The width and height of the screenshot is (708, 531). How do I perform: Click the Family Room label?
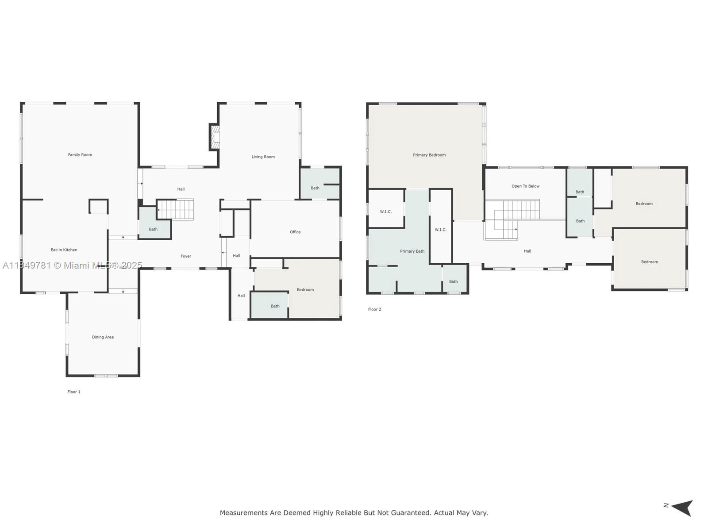pyautogui.click(x=80, y=155)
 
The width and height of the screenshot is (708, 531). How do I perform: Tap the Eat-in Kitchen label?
pyautogui.click(x=64, y=250)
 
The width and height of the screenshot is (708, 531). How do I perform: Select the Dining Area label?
pyautogui.click(x=103, y=337)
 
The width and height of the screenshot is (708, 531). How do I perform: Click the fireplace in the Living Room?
pyautogui.click(x=215, y=137)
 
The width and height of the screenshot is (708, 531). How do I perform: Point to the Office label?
pyautogui.click(x=295, y=232)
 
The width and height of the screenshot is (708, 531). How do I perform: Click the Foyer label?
pyautogui.click(x=186, y=256)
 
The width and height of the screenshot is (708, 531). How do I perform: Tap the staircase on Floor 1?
pyautogui.click(x=176, y=209)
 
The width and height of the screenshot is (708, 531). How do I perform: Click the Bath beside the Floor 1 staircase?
pyautogui.click(x=153, y=229)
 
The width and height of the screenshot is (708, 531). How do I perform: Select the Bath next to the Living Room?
pyautogui.click(x=315, y=188)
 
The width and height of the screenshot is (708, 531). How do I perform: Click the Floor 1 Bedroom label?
pyautogui.click(x=305, y=290)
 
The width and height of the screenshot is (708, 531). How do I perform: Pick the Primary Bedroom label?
pyautogui.click(x=429, y=155)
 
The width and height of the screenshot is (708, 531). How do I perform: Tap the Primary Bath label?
pyautogui.click(x=412, y=251)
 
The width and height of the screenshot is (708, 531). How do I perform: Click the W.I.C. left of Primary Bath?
pyautogui.click(x=386, y=212)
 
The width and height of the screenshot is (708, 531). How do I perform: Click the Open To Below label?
pyautogui.click(x=525, y=186)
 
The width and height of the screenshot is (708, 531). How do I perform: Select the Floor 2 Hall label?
pyautogui.click(x=527, y=251)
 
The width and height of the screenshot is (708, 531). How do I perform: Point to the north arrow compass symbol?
pyautogui.click(x=681, y=508)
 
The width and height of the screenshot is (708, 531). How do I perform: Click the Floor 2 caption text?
pyautogui.click(x=374, y=309)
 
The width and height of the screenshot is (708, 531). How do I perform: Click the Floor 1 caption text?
pyautogui.click(x=74, y=392)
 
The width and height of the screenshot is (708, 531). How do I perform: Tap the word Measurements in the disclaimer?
pyautogui.click(x=244, y=513)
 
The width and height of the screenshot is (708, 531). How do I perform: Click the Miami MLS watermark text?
pyautogui.click(x=88, y=265)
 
